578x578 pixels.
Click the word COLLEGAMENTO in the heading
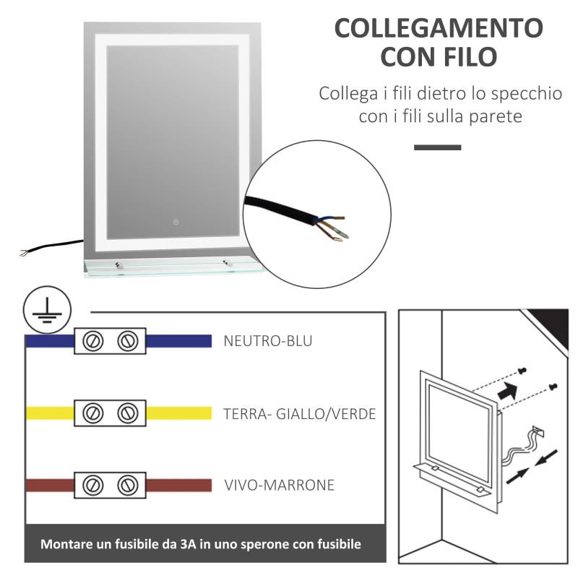[439, 28]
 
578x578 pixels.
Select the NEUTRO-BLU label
[268, 341]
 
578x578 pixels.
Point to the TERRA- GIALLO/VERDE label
[299, 414]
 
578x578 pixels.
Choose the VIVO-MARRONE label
[279, 485]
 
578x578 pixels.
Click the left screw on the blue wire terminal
[92, 341]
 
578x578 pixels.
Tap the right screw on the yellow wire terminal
[128, 413]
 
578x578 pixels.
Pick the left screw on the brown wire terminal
[92, 484]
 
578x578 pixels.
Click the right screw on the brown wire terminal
[128, 484]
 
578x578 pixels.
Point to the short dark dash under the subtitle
[437, 147]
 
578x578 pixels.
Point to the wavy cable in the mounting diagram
[519, 452]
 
